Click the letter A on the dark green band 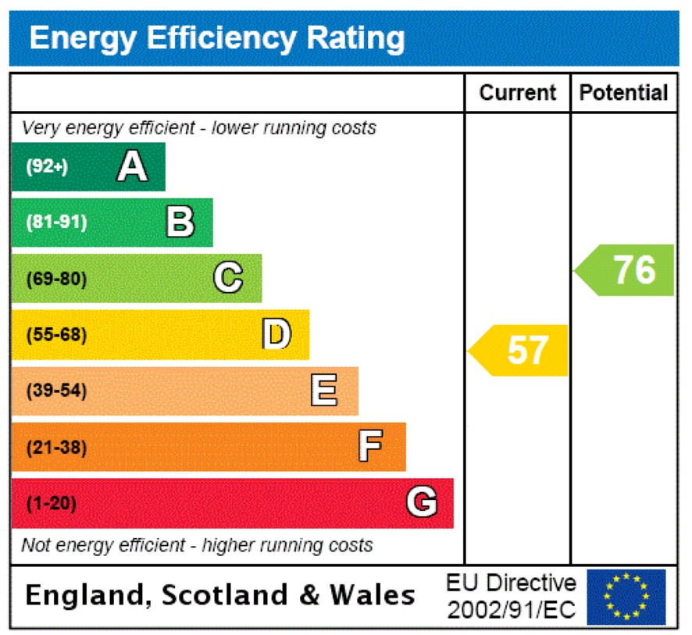(132, 166)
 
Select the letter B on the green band (180, 222)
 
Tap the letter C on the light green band (228, 278)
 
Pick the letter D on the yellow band (276, 334)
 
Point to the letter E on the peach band (324, 391)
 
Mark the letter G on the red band (421, 503)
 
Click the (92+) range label (48, 166)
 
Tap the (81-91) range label (56, 222)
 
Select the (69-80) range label (56, 278)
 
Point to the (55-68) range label (56, 335)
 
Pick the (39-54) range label (56, 391)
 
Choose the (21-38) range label (56, 448)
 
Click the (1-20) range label (52, 504)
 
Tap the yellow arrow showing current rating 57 (520, 350)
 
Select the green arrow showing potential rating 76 (626, 270)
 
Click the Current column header (518, 93)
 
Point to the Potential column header (624, 93)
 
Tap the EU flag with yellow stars (626, 597)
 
